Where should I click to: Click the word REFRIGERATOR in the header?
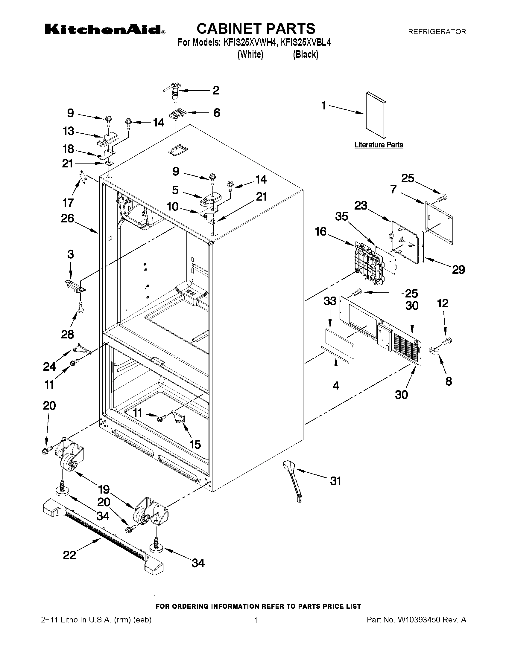[437, 31]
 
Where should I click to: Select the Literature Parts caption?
[379, 145]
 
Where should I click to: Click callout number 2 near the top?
[216, 90]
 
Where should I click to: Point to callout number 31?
[335, 481]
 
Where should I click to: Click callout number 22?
[69, 555]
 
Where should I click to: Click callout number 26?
[67, 218]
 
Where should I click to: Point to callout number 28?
[67, 334]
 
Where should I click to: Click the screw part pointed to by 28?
[80, 308]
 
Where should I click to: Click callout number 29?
[458, 269]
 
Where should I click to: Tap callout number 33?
[329, 301]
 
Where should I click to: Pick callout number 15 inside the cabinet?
[195, 444]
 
